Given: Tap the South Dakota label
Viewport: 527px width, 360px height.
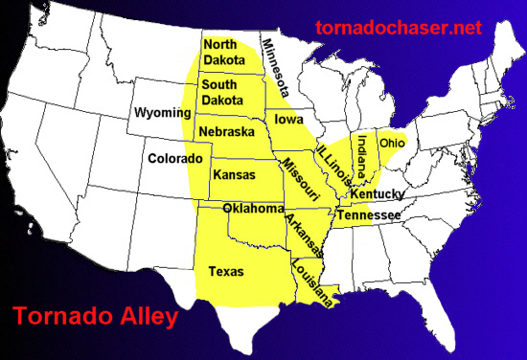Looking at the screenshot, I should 222,93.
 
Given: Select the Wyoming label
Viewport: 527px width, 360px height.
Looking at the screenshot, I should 163,113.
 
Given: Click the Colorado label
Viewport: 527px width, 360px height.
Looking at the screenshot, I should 174,158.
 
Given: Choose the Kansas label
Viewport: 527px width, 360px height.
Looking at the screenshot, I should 234,176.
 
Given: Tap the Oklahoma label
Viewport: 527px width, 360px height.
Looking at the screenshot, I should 253,209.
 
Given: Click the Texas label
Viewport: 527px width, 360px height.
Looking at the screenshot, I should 225,272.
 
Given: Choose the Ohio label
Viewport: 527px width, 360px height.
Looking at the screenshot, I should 393,143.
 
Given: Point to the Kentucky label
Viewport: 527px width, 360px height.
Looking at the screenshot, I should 377,194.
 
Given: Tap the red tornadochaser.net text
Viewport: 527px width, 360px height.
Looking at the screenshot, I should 398,28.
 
